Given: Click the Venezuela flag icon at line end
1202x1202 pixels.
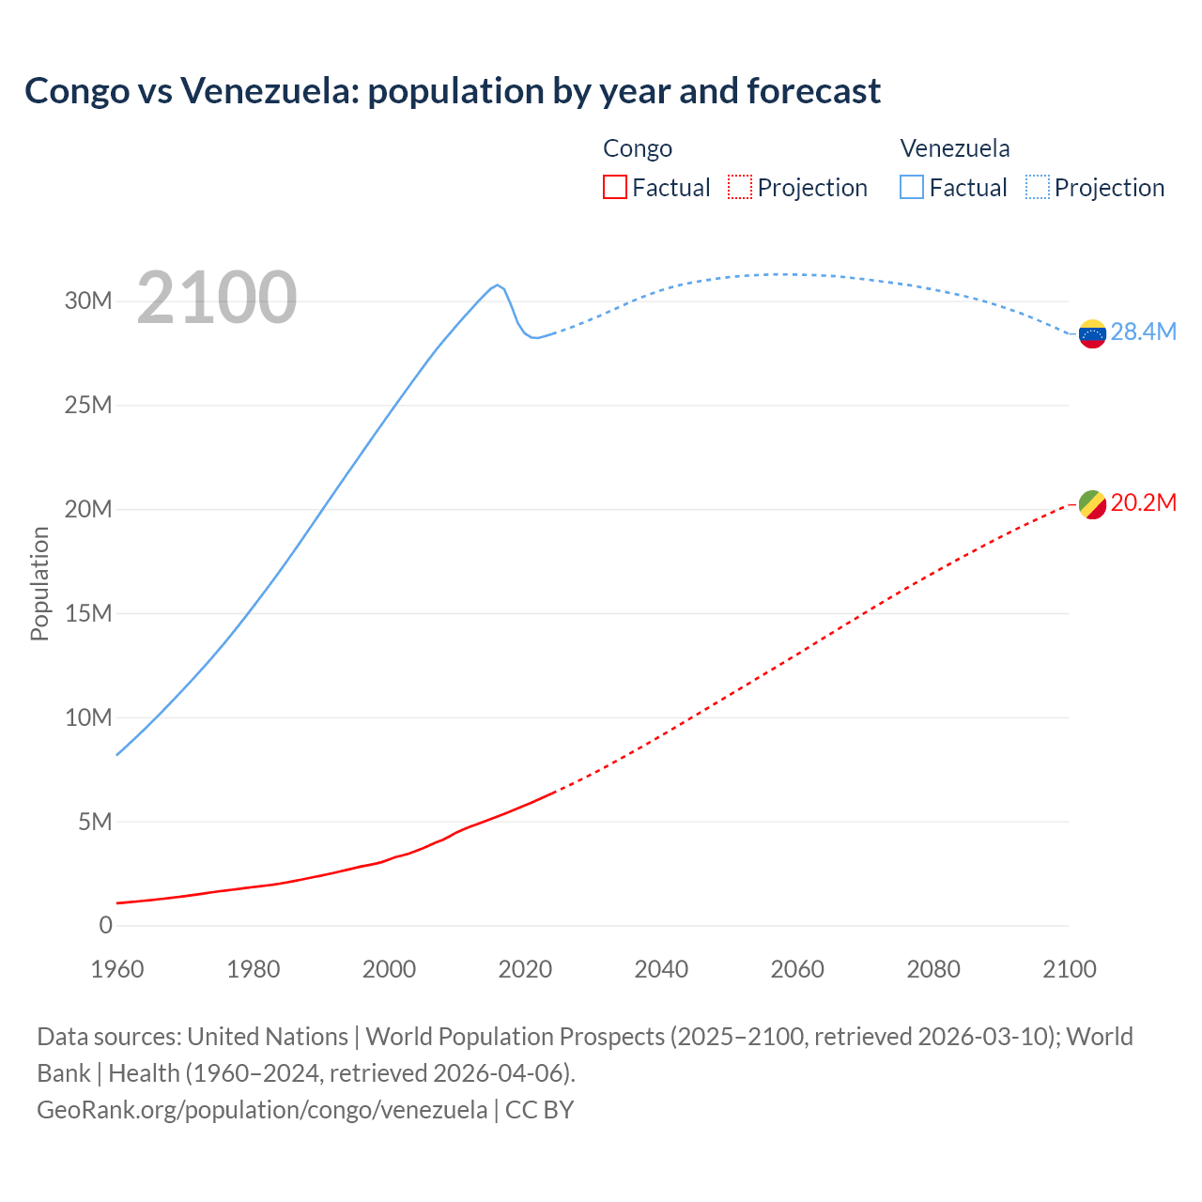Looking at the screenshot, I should pos(1092,333).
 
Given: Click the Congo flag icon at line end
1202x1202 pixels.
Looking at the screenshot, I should pos(1092,504).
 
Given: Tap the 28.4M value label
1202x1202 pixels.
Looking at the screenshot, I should pos(1143,331).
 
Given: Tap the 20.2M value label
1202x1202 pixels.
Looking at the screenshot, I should pos(1143,502).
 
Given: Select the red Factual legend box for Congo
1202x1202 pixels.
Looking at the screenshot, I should pos(614,187).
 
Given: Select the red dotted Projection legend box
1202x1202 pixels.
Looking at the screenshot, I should pos(740,187).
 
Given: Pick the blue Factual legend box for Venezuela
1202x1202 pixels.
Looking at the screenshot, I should pos(912,187).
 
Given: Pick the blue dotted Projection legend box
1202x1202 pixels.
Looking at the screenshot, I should pos(1038,187).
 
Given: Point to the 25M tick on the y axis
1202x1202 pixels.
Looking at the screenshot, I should pos(88,405).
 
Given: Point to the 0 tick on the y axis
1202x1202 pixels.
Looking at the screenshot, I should pos(105,925).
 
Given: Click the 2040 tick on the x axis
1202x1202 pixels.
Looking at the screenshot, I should pos(661,969).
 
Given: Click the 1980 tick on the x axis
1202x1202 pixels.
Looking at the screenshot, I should pos(254,969).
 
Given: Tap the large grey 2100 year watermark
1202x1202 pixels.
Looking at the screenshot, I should pos(217,298).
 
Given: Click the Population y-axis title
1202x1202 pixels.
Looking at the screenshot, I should pos(39,583).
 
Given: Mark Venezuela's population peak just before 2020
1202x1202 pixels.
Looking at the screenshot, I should pos(497,285).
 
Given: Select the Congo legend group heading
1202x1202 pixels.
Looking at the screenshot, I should pos(638,148).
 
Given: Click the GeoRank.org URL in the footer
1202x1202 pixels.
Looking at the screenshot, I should pos(262,1109).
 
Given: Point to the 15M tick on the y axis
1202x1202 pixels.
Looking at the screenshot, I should pos(88,613).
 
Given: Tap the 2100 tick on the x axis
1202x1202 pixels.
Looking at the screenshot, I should pos(1069,969).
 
